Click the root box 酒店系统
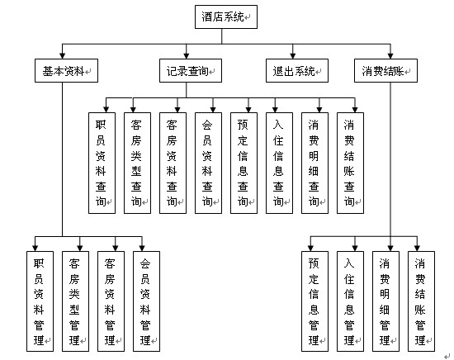pos(226,17)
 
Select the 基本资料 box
pos(66,71)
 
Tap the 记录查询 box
pos(191,71)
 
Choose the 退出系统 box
pos(297,71)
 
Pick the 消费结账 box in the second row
pos(385,71)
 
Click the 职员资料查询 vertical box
pos(102,163)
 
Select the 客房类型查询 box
pos(137,163)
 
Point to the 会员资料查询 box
pos(208,163)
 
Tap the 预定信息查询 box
pos(244,163)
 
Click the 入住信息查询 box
pos(279,163)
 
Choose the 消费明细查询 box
pos(314,163)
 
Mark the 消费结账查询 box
pos(350,163)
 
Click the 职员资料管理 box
pos(40,301)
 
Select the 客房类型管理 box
pos(75,301)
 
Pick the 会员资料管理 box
pos(146,301)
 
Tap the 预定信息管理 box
pos(314,301)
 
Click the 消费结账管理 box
pos(421,301)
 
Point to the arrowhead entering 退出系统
pos(293,56)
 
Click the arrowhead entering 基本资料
pos(62,56)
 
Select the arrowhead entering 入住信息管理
pos(355,248)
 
